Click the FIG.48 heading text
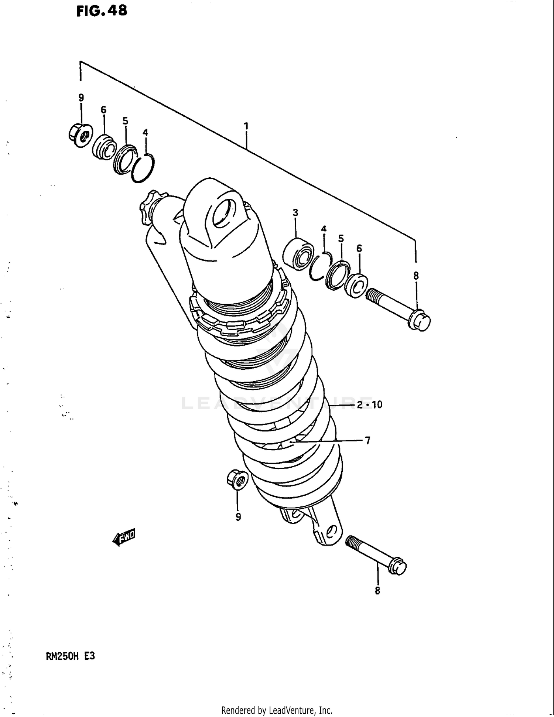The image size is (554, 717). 102,11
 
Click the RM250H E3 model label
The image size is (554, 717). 70,656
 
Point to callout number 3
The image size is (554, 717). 295,212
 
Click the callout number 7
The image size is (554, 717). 367,440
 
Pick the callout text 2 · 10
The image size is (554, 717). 369,405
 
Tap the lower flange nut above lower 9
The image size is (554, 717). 237,479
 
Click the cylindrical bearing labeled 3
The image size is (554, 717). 298,254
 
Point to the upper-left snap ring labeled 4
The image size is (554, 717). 143,168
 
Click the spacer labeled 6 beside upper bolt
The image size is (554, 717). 356,286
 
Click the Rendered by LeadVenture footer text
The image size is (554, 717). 277,710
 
